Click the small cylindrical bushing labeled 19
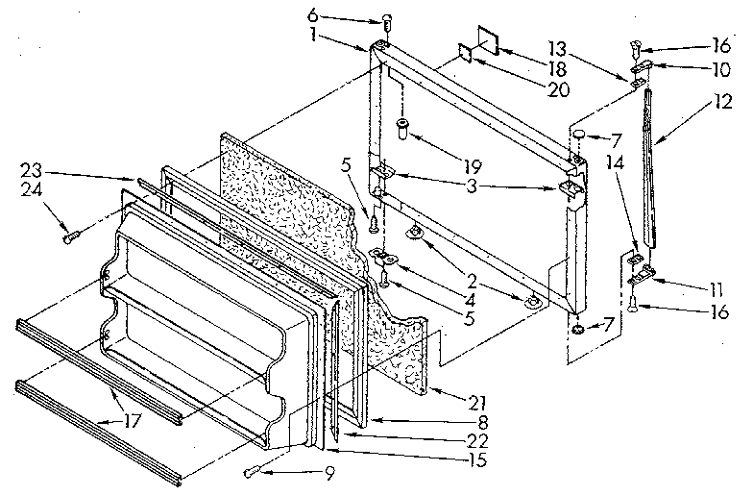[x=404, y=128]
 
